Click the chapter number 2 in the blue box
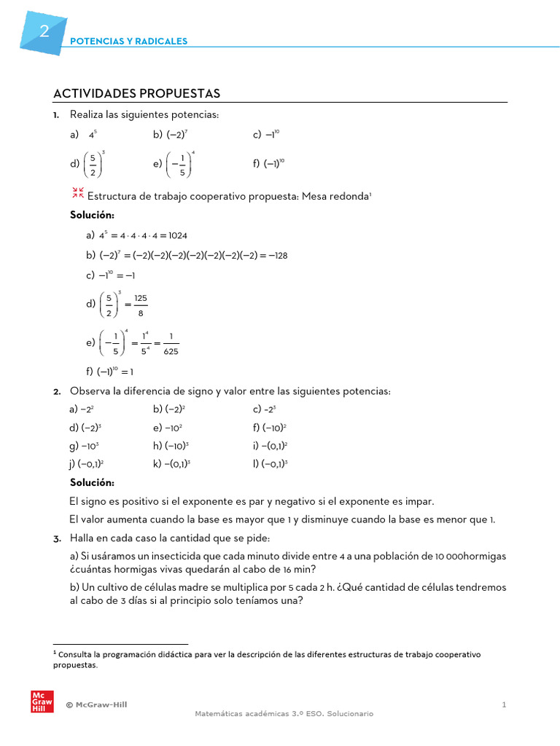point(44,31)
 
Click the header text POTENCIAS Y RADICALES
point(128,42)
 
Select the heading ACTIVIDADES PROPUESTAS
point(136,94)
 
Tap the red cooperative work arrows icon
point(78,193)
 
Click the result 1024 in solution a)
point(177,235)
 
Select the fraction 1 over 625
point(171,343)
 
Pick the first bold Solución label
point(92,215)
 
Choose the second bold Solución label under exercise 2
point(92,483)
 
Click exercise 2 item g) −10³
point(85,446)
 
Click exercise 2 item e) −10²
point(168,428)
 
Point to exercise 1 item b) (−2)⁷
point(171,135)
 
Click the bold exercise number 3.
point(57,538)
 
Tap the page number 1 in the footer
point(504,704)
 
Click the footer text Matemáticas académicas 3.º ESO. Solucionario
point(284,714)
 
